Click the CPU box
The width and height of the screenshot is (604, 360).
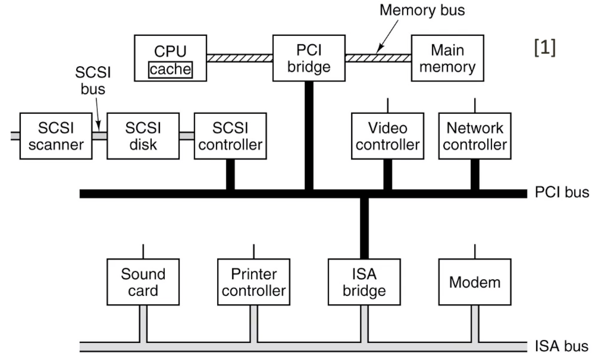point(170,58)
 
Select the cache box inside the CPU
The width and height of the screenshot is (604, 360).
point(170,70)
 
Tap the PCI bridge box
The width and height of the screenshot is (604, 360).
point(309,58)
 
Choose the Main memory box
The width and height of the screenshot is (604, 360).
point(448,58)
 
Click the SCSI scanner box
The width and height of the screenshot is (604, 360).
point(56,136)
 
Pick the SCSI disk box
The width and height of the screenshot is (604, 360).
point(143,136)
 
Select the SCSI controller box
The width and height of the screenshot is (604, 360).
point(231,136)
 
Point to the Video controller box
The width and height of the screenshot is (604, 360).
point(388,136)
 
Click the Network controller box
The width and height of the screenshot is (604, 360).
point(475,136)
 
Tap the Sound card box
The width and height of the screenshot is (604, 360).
point(143,282)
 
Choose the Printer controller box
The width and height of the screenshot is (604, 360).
point(254,282)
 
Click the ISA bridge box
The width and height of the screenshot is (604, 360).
point(364,282)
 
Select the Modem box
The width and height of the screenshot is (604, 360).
point(475,282)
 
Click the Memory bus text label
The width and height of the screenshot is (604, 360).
point(422,10)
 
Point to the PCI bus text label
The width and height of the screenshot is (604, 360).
point(562,192)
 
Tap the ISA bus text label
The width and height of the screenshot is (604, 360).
point(562,346)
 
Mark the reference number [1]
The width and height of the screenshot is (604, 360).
point(545,47)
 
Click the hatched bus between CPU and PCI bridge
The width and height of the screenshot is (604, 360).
point(240,58)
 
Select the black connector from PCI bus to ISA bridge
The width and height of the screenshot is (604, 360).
point(364,228)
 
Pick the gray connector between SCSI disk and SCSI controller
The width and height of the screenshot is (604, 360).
point(187,136)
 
